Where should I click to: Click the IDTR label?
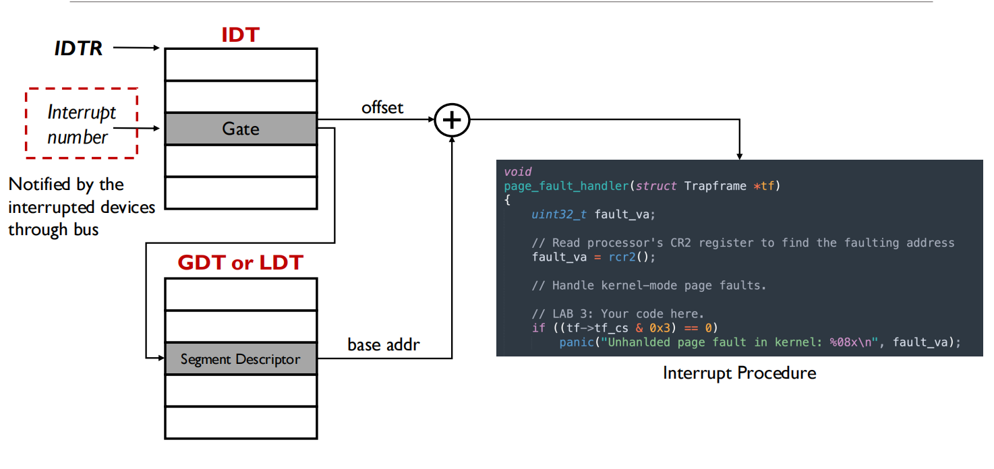coord(78,49)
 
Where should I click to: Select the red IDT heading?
coord(240,34)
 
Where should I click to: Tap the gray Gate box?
coord(241,129)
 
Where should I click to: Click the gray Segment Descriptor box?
coord(241,359)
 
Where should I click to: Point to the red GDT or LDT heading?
coord(240,262)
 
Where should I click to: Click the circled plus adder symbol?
coord(452,120)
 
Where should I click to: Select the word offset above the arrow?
coord(382,107)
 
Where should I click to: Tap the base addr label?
coord(384,345)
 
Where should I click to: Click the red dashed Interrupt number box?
coord(82,123)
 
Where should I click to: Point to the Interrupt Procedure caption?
coord(739,373)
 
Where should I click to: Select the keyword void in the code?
coord(517,172)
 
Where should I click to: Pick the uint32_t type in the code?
coord(559,214)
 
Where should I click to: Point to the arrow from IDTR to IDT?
coord(136,48)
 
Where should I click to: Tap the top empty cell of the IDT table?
coord(241,65)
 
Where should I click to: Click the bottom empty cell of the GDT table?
coord(241,423)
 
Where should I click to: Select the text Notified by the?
coord(66,184)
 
